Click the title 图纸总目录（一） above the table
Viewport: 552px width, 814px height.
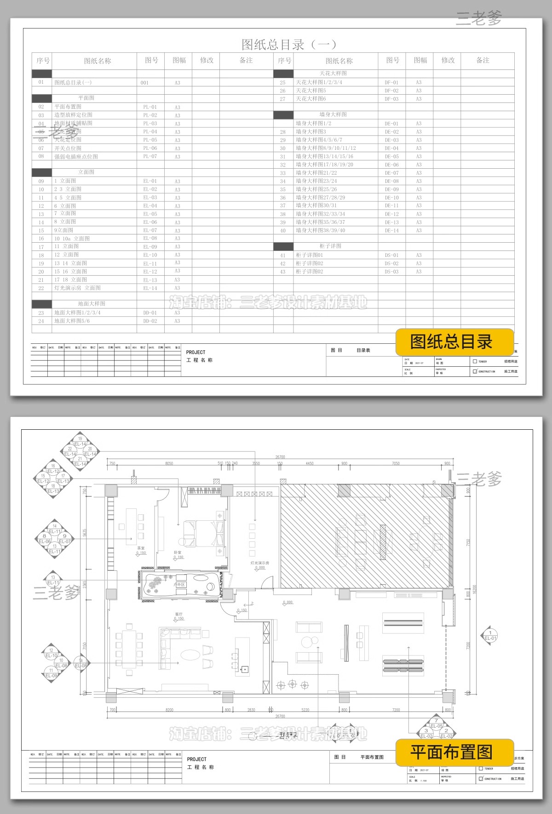289,45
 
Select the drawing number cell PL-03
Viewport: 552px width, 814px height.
150,124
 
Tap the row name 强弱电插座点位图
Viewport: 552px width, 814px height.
76,157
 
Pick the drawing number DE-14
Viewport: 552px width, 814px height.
391,231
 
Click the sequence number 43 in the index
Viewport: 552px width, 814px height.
282,272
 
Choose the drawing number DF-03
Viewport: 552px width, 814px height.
391,99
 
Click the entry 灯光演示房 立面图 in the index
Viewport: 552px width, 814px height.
77,288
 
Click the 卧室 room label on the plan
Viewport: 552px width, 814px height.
178,552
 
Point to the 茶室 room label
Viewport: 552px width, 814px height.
141,548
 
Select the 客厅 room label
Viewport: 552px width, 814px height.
178,614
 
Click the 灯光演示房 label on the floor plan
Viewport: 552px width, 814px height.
259,563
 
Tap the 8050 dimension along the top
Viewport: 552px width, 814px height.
169,463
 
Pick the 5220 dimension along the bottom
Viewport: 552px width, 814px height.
305,710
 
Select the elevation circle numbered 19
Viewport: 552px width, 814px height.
80,438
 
